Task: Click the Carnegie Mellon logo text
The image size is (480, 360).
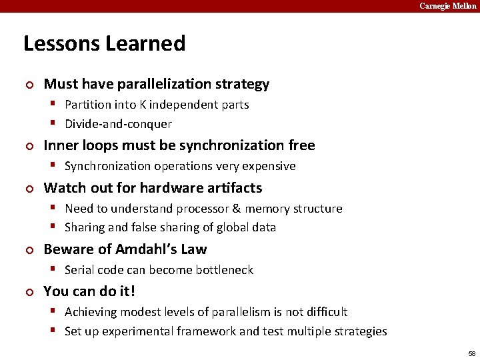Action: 447,6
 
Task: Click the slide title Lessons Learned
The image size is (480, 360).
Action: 104,44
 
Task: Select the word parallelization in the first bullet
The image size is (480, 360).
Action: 163,84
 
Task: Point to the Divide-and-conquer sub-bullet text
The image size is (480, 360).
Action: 118,124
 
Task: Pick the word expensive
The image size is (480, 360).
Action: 271,166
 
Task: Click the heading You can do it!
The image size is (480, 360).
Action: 89,291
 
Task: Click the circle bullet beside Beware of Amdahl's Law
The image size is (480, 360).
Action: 28,250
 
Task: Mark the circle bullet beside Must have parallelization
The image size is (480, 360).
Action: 28,85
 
